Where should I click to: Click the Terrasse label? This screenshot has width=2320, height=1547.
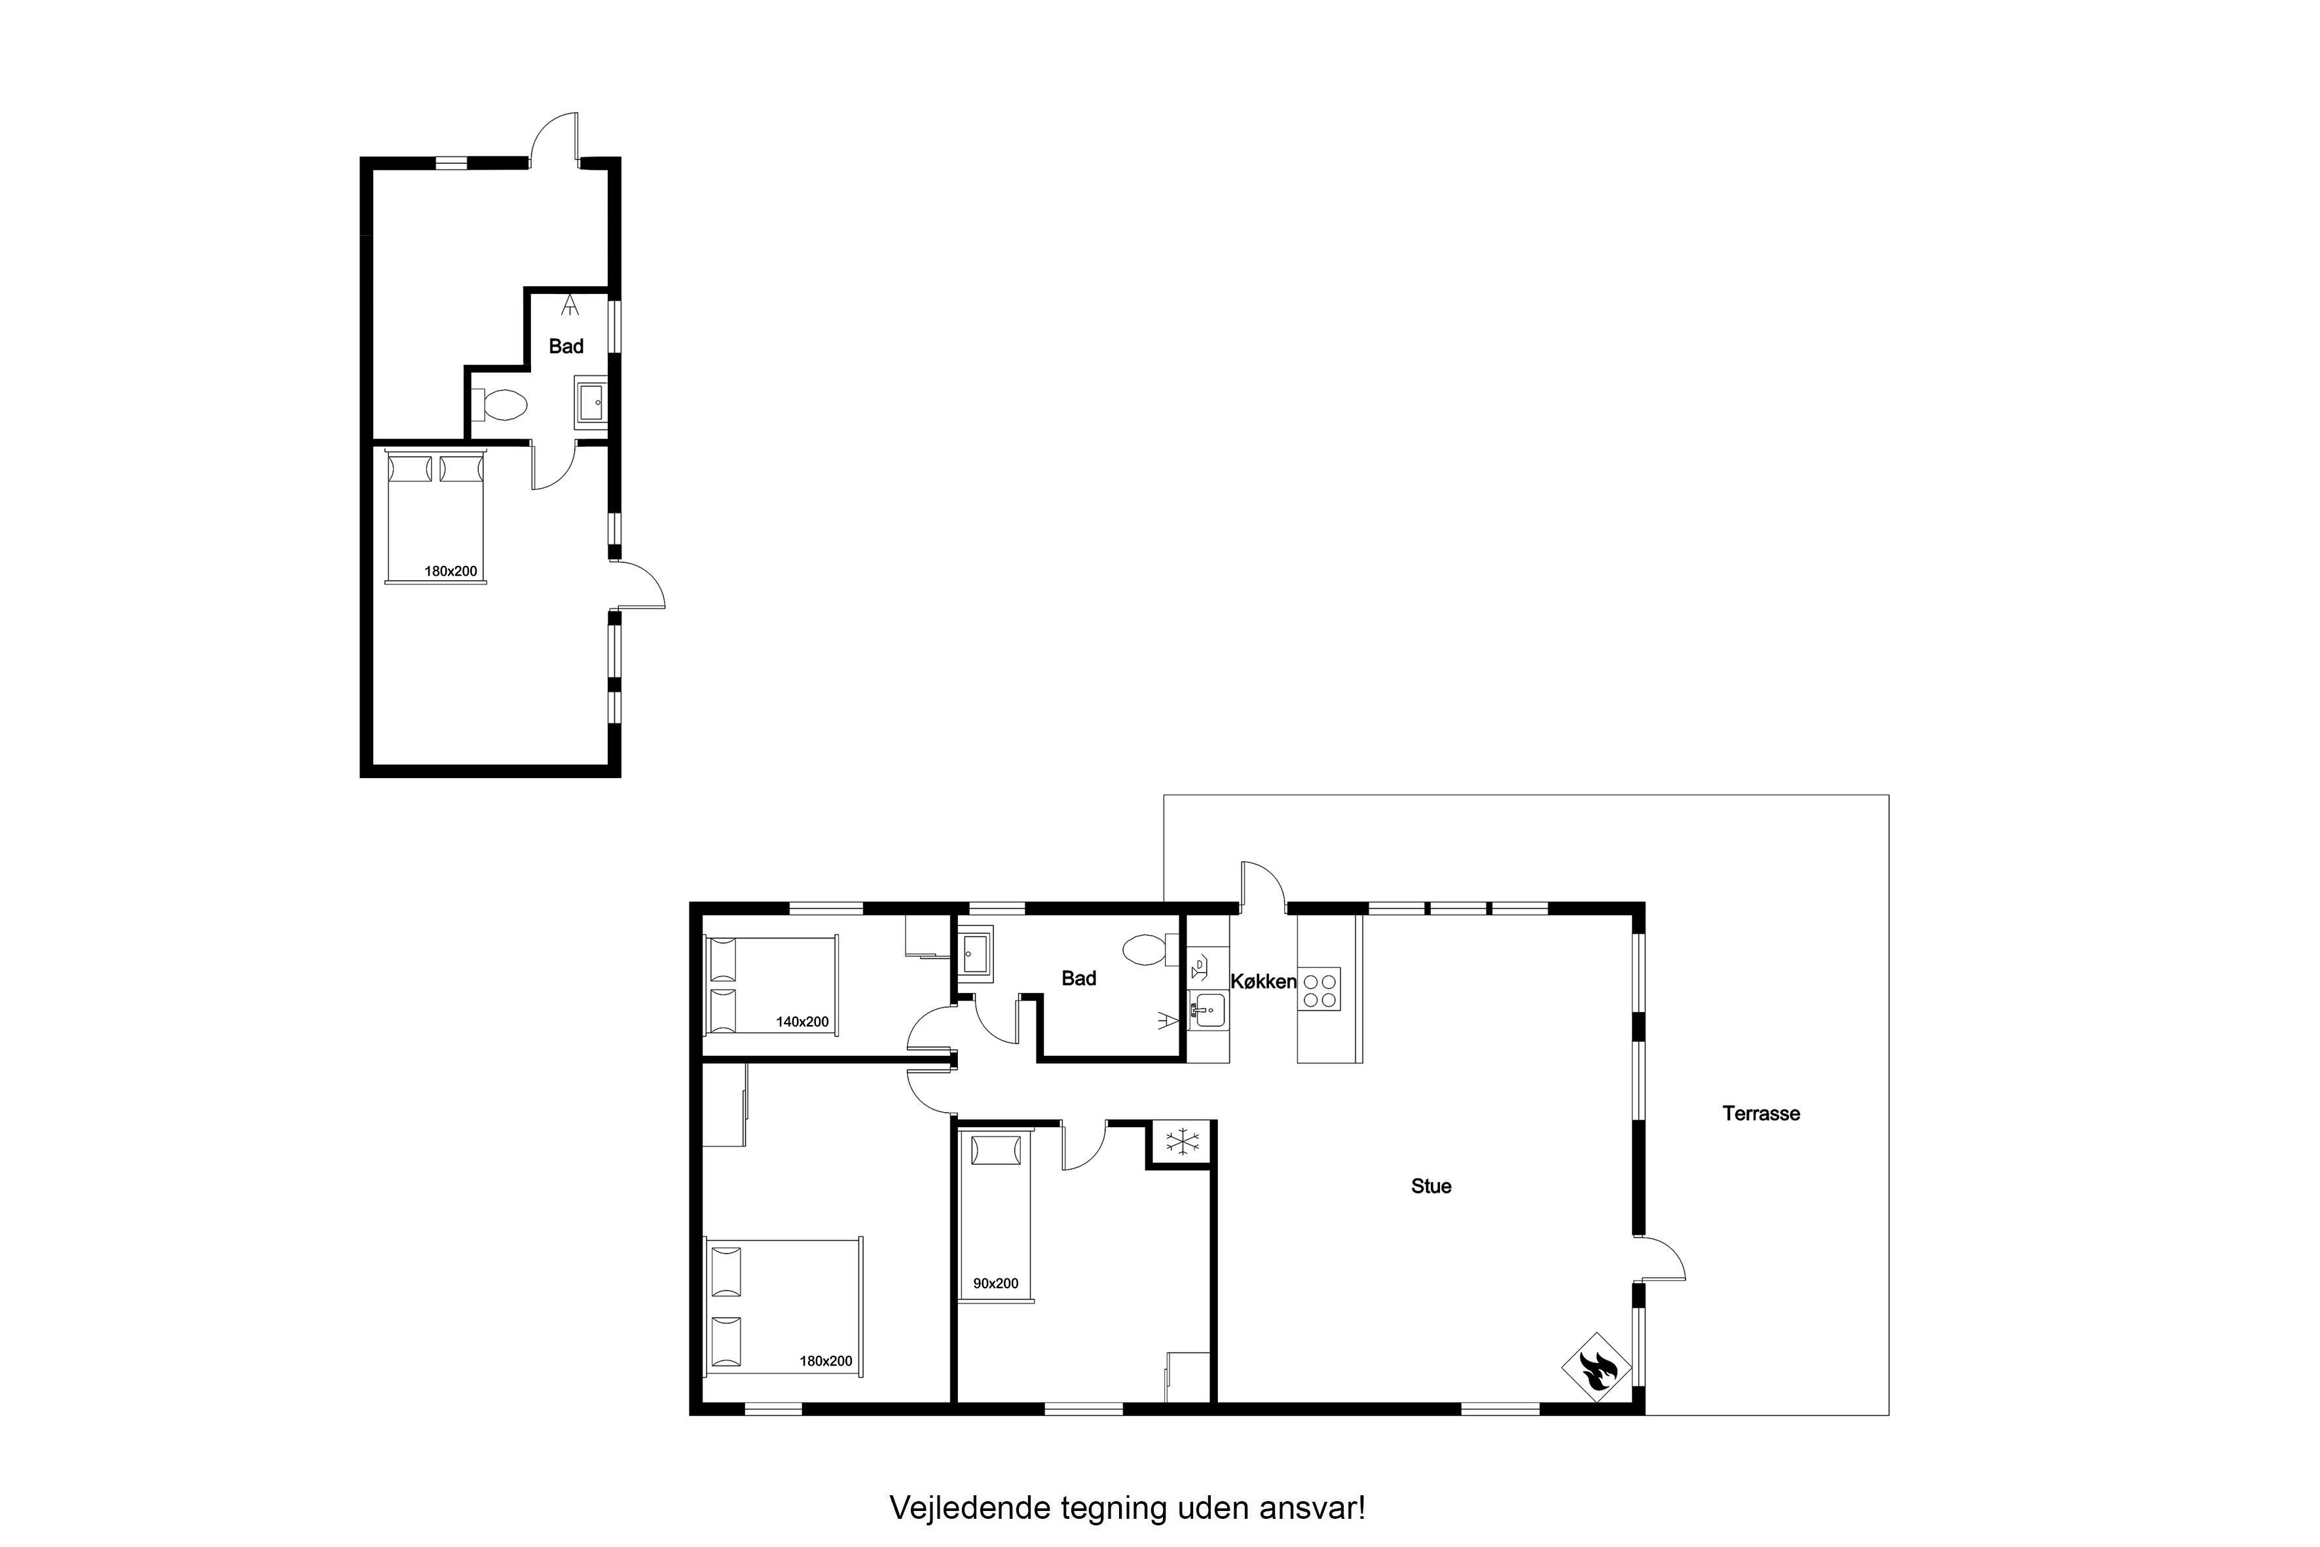click(x=1761, y=1114)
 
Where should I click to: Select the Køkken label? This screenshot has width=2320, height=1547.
click(x=1264, y=982)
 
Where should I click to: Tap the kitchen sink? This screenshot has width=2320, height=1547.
click(x=1208, y=1011)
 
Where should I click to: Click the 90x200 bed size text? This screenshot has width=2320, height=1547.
click(x=995, y=1284)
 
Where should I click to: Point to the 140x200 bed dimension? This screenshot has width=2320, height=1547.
click(x=802, y=1022)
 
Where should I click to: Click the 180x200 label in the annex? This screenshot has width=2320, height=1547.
click(x=451, y=571)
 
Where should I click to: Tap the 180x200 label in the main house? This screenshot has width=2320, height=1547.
click(x=826, y=1362)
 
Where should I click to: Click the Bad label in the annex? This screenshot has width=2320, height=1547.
click(x=566, y=346)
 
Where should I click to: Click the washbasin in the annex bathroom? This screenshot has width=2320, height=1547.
click(x=592, y=403)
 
